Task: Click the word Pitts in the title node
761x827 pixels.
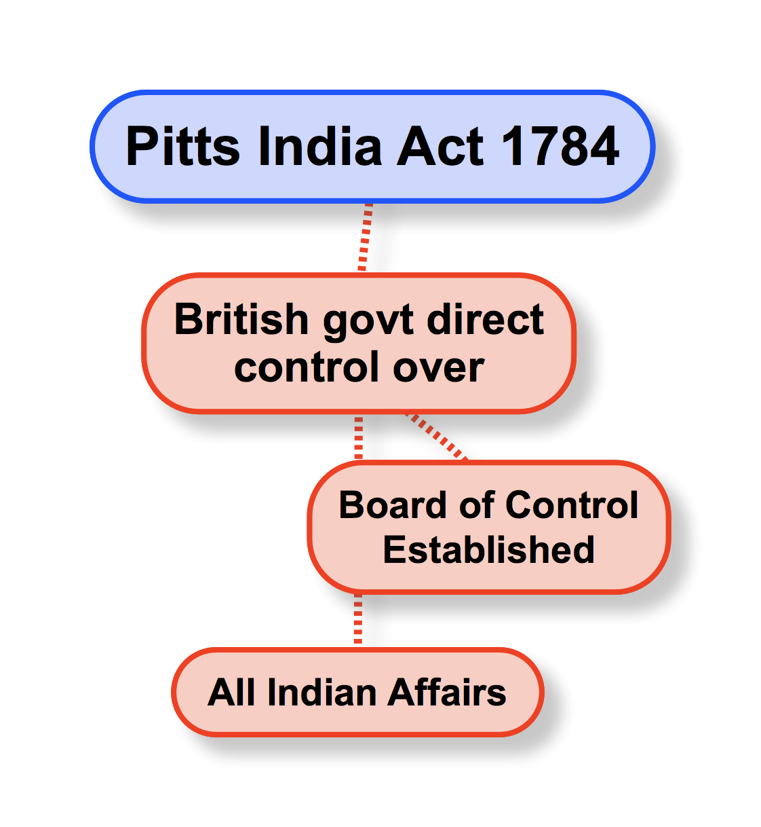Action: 183,147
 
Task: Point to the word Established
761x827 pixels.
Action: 488,549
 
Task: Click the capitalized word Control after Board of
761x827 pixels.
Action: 571,505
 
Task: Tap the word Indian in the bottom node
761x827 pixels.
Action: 321,693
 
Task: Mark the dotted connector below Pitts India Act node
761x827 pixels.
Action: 366,237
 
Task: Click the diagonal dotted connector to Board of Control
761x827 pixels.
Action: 437,437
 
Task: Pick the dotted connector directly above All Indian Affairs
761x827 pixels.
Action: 358,619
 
